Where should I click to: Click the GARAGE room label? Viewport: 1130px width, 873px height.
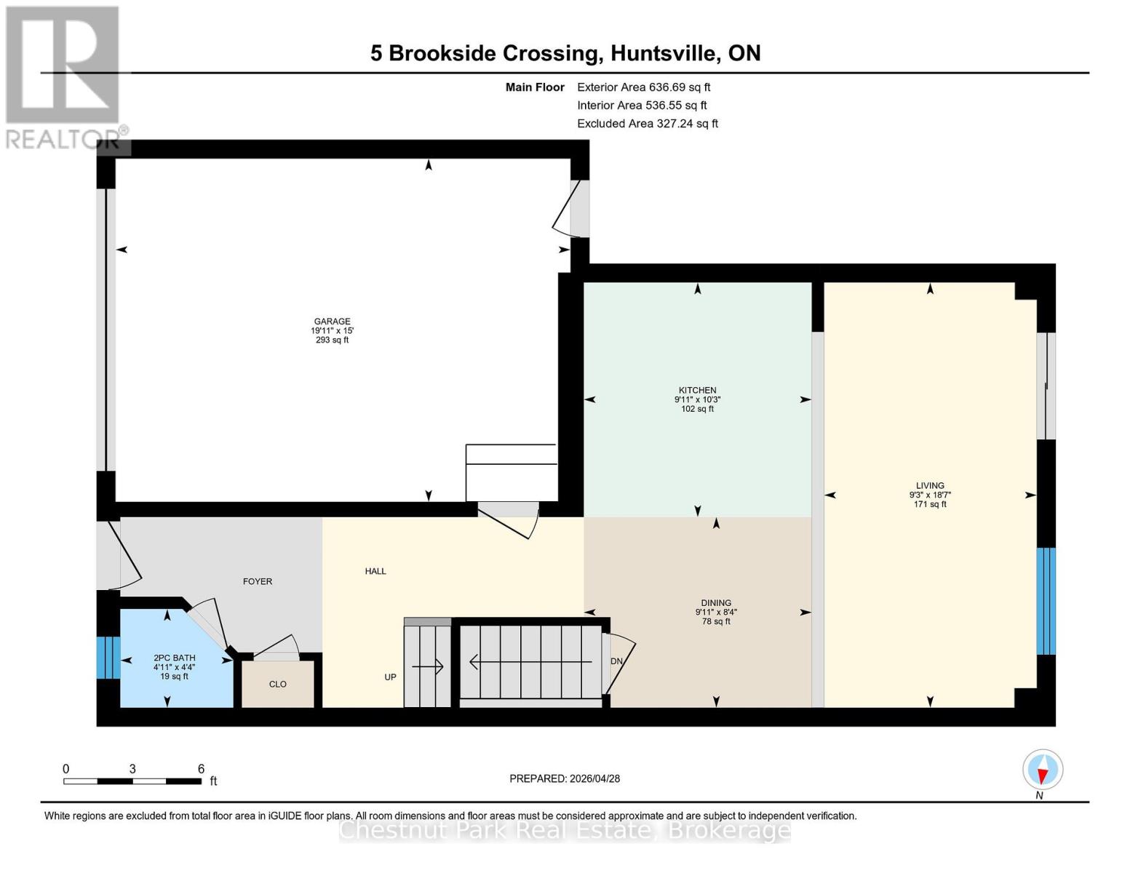click(332, 322)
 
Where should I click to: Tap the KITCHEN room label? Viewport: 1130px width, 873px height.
click(697, 391)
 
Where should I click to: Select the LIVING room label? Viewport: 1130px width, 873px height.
click(929, 486)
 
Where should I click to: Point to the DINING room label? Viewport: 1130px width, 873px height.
click(715, 603)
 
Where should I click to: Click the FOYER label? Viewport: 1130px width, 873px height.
click(258, 581)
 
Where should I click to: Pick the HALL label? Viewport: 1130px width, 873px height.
click(375, 571)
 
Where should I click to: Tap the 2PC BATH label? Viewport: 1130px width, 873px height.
click(174, 658)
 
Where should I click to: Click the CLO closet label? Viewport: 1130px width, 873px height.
click(277, 684)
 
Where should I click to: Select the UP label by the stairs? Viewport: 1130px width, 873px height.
click(390, 677)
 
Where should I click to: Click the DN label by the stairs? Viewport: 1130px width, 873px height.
click(616, 661)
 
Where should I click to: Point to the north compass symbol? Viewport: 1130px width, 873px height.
click(1042, 770)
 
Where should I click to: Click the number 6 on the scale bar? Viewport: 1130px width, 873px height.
click(201, 769)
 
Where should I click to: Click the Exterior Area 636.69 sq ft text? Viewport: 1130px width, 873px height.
click(643, 87)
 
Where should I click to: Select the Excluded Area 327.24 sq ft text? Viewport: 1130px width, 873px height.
click(647, 124)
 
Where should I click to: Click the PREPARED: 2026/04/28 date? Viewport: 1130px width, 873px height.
click(565, 778)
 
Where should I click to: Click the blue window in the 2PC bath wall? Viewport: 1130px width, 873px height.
click(108, 658)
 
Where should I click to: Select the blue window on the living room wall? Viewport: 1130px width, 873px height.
click(1045, 601)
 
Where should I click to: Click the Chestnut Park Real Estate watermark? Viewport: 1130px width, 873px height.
click(565, 830)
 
